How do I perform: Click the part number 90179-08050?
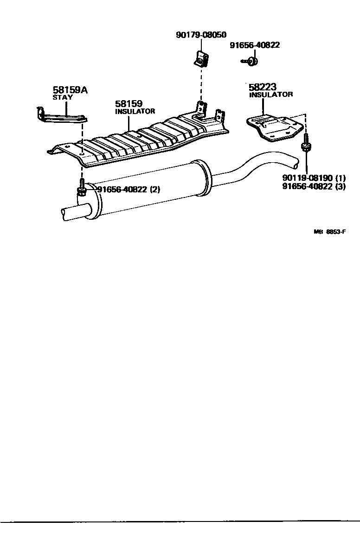[x=201, y=35]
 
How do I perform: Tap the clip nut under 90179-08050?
[x=201, y=59]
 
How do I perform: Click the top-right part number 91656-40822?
[x=255, y=45]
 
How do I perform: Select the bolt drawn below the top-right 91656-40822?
[x=251, y=60]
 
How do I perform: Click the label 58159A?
[x=70, y=90]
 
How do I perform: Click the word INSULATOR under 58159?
[x=135, y=111]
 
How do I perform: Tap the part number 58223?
[x=262, y=87]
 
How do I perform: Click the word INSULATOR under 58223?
[x=271, y=95]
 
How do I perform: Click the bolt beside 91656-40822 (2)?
[x=81, y=189]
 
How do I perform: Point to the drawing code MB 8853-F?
[x=330, y=232]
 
